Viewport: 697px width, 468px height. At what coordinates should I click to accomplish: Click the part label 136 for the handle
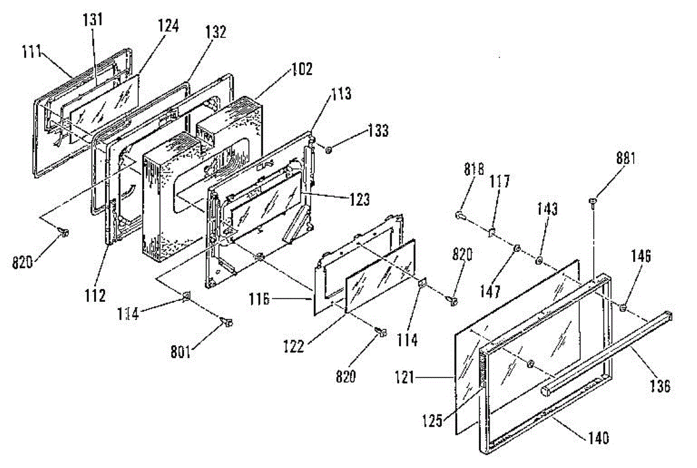(x=659, y=385)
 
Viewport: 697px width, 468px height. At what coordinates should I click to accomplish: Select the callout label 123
(x=360, y=200)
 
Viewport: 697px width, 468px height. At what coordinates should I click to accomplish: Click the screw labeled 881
(x=592, y=201)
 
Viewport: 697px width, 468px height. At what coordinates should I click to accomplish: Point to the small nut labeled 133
(x=329, y=150)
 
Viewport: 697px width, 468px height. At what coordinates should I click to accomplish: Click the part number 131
(x=93, y=20)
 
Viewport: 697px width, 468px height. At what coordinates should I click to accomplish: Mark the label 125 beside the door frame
(x=433, y=416)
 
